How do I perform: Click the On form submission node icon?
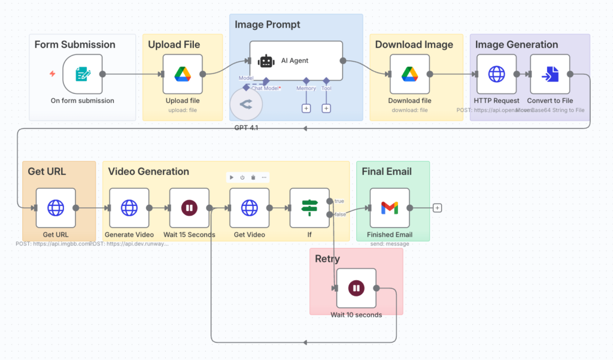click(x=83, y=74)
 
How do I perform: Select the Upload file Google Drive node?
click(x=183, y=74)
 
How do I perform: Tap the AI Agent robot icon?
click(x=266, y=61)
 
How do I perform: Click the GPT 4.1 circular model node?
click(x=245, y=104)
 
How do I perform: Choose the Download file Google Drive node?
click(x=409, y=74)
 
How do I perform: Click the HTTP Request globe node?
click(x=496, y=74)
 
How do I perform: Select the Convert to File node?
click(x=550, y=74)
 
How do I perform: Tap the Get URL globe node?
click(x=56, y=208)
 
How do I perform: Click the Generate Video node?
click(x=129, y=208)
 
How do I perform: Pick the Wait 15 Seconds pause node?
click(x=189, y=208)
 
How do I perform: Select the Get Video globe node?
click(x=249, y=208)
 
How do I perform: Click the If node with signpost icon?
click(x=309, y=208)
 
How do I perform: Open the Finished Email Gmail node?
click(x=390, y=208)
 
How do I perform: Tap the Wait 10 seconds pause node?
click(x=356, y=288)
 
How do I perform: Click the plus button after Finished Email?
click(x=438, y=208)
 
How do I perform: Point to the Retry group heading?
click(x=327, y=259)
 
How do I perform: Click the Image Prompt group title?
click(x=268, y=25)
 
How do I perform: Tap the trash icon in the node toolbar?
click(x=253, y=177)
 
